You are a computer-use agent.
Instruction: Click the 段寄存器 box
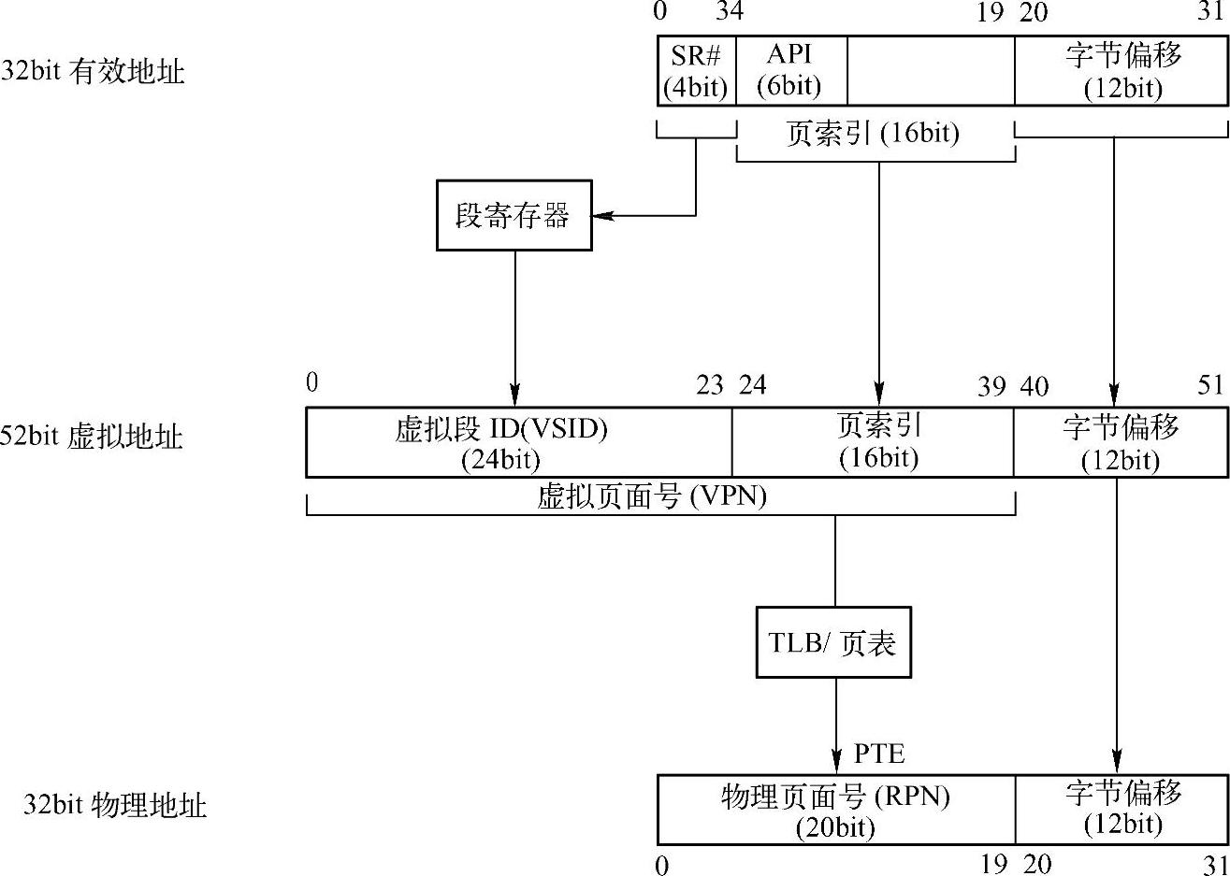pyautogui.click(x=514, y=215)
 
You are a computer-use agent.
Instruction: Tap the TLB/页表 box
pyautogui.click(x=832, y=642)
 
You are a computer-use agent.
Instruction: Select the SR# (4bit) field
pyautogui.click(x=696, y=71)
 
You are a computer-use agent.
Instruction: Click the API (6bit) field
pyautogui.click(x=790, y=71)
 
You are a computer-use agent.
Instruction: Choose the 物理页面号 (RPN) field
pyautogui.click(x=835, y=810)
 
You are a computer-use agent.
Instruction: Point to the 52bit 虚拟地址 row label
pyautogui.click(x=92, y=437)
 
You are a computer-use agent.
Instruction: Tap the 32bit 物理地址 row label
pyautogui.click(x=114, y=805)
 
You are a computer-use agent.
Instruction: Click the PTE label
pyautogui.click(x=879, y=753)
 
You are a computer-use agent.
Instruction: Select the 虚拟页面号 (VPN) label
pyautogui.click(x=652, y=496)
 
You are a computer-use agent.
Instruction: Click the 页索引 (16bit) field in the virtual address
pyautogui.click(x=878, y=442)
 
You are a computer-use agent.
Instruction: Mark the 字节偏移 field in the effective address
pyautogui.click(x=1121, y=71)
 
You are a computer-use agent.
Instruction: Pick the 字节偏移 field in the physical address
pyautogui.click(x=1121, y=810)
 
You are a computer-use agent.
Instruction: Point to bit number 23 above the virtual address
pyautogui.click(x=710, y=385)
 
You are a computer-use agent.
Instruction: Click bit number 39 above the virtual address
pyautogui.click(x=991, y=386)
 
